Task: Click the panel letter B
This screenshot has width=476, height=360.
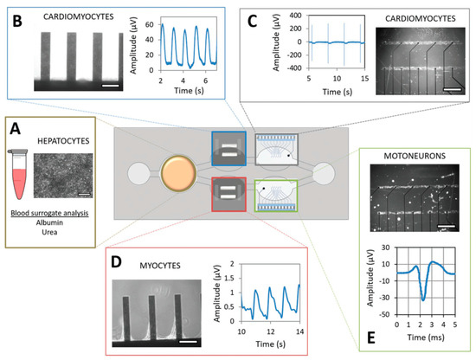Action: (x=16, y=19)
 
